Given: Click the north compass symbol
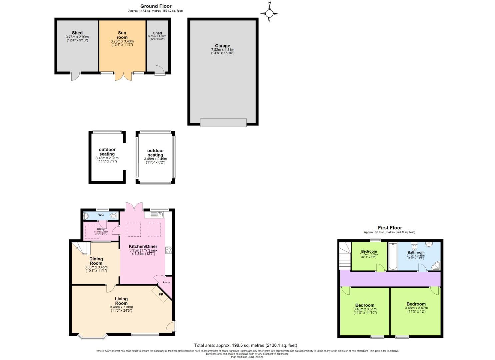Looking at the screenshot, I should pyautogui.click(x=269, y=13).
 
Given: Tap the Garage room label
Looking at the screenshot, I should pyautogui.click(x=222, y=46).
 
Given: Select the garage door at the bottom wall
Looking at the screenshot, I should pyautogui.click(x=223, y=122).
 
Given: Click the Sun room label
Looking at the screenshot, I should pyautogui.click(x=122, y=35).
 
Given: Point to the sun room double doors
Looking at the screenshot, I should pyautogui.click(x=122, y=76).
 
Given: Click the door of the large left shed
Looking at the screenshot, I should pyautogui.click(x=76, y=76).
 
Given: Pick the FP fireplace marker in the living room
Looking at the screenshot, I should pyautogui.click(x=161, y=294).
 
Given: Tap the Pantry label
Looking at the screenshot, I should pyautogui.click(x=166, y=282).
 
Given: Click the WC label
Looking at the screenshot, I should pyautogui.click(x=101, y=215).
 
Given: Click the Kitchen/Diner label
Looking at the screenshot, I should pyautogui.click(x=143, y=246).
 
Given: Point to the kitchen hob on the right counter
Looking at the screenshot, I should pyautogui.click(x=169, y=250).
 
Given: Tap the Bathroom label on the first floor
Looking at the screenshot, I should pyautogui.click(x=416, y=252).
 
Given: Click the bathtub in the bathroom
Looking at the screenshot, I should pyautogui.click(x=392, y=256).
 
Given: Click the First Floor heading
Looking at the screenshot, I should pyautogui.click(x=390, y=228).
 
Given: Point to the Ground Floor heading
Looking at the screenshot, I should pyautogui.click(x=156, y=6).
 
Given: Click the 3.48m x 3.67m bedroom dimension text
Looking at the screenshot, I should pyautogui.click(x=416, y=308).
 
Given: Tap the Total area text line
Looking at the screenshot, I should pyautogui.click(x=245, y=345).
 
